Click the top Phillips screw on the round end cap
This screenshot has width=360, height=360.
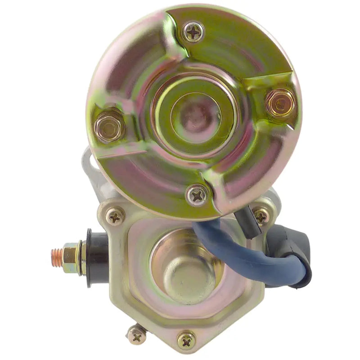[194, 32]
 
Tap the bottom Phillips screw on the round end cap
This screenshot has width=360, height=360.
[198, 195]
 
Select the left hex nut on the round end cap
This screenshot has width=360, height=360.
[109, 126]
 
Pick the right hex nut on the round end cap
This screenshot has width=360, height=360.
[280, 103]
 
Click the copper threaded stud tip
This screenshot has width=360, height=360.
[56, 257]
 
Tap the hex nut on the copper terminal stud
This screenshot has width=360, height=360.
[71, 257]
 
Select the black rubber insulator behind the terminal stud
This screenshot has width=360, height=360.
[95, 257]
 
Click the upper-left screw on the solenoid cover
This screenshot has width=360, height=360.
[115, 217]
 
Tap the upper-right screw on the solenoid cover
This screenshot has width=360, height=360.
[261, 216]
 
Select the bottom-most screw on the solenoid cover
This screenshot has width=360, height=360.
[186, 340]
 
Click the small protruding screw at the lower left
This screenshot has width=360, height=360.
[136, 335]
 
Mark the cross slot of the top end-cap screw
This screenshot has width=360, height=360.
[194, 32]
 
